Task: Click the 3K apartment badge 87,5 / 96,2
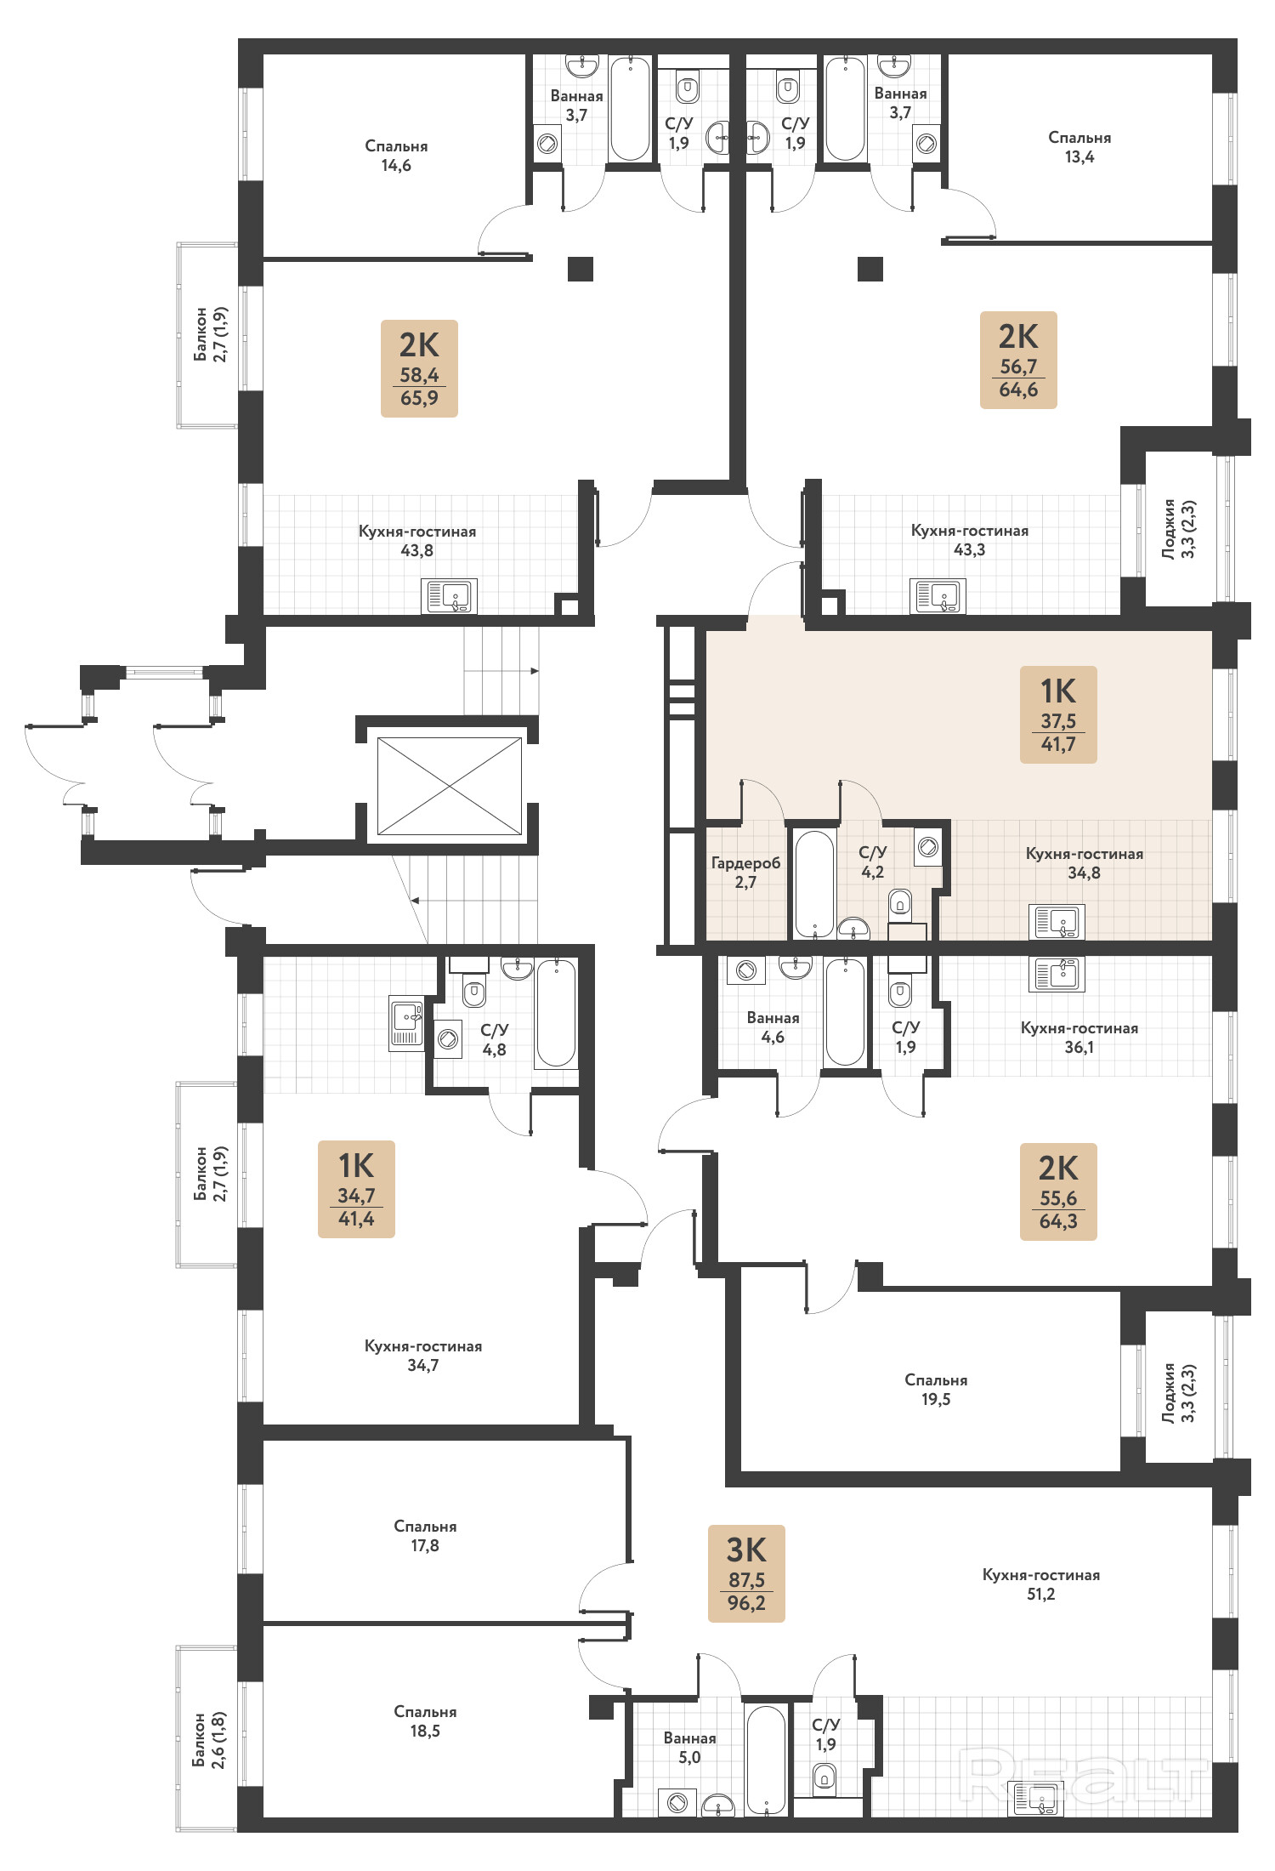tap(746, 1573)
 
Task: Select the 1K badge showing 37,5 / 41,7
tap(1058, 714)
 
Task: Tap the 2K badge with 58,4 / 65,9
tap(419, 368)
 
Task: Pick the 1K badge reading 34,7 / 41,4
tap(356, 1189)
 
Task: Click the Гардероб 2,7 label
tap(745, 873)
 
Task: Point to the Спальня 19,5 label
tap(936, 1390)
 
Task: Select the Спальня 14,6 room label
tap(396, 156)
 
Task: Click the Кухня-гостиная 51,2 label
tap(1041, 1584)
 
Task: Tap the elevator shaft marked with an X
tap(449, 786)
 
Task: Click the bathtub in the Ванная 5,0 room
tap(766, 1760)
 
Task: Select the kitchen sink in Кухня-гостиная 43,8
tap(449, 596)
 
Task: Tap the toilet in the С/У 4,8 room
tap(474, 992)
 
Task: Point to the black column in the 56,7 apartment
tap(870, 269)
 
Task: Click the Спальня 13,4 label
tap(1079, 147)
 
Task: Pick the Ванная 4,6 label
tap(773, 1027)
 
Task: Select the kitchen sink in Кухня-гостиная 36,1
tap(1056, 975)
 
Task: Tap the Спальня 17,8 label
tap(425, 1536)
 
